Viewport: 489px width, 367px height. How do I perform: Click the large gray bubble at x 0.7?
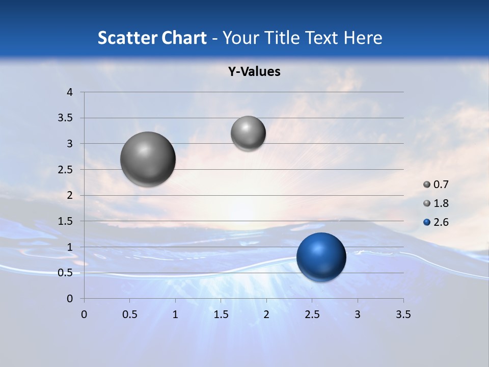[148, 159]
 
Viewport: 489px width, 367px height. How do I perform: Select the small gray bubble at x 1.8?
[248, 133]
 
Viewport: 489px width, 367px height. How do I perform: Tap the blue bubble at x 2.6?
[321, 256]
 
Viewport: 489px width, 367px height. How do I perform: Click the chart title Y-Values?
[254, 72]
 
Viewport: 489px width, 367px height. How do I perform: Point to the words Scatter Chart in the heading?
[152, 38]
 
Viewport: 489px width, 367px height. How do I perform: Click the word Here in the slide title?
[363, 38]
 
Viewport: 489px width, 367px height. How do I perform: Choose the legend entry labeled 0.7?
[437, 185]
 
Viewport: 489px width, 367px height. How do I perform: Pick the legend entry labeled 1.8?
[437, 203]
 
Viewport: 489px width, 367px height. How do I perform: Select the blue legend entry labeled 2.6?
[437, 222]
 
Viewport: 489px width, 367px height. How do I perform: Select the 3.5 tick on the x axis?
[403, 314]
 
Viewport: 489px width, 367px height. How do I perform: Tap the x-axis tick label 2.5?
[312, 314]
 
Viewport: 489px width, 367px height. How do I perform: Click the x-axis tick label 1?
[175, 314]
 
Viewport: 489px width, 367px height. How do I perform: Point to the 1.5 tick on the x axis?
[221, 314]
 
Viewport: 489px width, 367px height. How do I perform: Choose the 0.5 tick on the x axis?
[129, 314]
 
